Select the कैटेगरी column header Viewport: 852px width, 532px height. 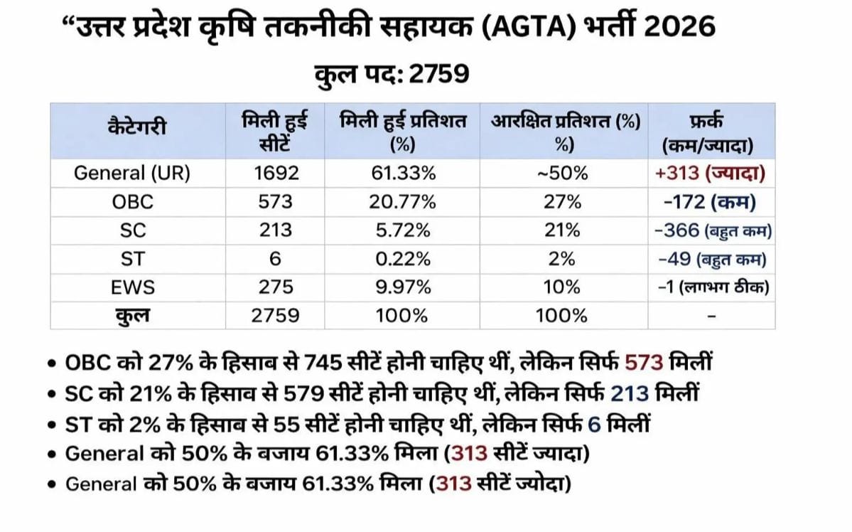point(138,129)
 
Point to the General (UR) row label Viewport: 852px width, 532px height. point(132,174)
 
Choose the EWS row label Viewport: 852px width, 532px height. point(132,287)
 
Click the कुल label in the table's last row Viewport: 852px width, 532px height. point(132,315)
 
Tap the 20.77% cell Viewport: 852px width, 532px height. point(402,202)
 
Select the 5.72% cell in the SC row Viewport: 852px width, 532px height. point(402,230)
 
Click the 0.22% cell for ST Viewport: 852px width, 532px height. point(402,259)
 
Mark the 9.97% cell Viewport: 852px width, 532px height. point(402,287)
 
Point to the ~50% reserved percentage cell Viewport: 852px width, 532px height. point(563,174)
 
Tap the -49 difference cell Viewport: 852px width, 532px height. point(677,259)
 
